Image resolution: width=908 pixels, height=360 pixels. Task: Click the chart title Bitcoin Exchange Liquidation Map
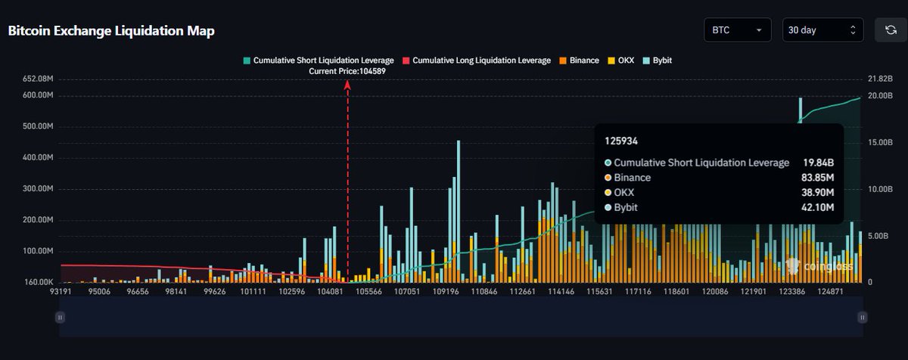(x=111, y=32)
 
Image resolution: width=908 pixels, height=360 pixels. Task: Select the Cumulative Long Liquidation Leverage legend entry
(x=476, y=61)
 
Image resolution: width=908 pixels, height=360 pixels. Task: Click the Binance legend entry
(x=579, y=61)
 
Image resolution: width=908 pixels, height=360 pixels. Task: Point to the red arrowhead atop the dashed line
(x=347, y=85)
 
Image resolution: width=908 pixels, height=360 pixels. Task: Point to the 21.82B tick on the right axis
(x=881, y=79)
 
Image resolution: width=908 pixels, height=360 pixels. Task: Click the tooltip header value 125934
(x=620, y=141)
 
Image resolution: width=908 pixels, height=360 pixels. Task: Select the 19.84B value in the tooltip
(x=819, y=163)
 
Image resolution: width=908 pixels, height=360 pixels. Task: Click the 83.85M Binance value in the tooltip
(x=817, y=178)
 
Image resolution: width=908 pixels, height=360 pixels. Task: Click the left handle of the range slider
(x=60, y=318)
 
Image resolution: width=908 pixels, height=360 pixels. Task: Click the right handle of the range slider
(x=861, y=318)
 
